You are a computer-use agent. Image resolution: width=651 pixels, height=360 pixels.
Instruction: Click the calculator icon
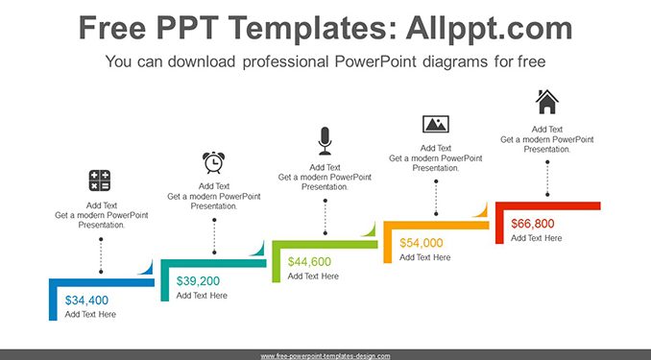click(x=100, y=180)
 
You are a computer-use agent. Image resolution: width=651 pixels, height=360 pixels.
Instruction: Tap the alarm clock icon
click(x=214, y=162)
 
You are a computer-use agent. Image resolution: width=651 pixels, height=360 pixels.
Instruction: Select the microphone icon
click(x=325, y=141)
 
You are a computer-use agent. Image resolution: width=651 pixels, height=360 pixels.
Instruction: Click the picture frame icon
click(x=436, y=124)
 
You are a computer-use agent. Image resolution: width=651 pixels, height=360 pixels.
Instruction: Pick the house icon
click(x=547, y=102)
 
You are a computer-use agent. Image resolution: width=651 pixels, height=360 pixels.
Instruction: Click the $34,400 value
click(x=86, y=300)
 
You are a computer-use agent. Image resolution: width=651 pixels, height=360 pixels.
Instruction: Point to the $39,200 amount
click(x=198, y=281)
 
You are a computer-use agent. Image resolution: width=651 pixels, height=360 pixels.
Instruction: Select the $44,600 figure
click(x=309, y=261)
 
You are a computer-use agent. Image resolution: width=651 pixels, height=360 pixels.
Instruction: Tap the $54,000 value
click(x=421, y=243)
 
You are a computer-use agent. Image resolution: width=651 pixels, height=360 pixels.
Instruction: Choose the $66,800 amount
click(x=533, y=224)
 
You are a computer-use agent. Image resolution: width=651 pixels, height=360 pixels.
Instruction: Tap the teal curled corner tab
click(x=258, y=250)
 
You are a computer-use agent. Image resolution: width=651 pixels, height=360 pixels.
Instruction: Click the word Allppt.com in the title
click(x=489, y=28)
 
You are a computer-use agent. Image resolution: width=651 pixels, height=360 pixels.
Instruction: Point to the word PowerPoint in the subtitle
click(x=375, y=61)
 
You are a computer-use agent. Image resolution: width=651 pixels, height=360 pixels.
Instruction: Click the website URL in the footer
click(x=325, y=356)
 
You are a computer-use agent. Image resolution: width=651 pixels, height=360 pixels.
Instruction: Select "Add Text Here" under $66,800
click(x=536, y=238)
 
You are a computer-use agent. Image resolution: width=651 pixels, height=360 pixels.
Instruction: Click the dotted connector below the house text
click(x=547, y=179)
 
